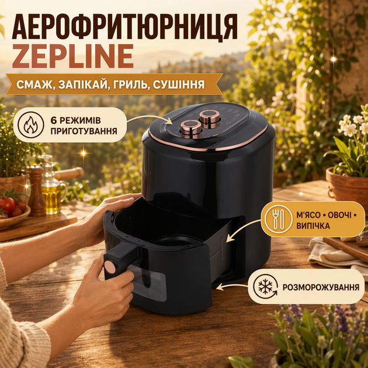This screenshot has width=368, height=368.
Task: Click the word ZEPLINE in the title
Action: coord(73,56)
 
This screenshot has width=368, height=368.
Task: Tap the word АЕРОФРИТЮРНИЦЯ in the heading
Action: coord(125,26)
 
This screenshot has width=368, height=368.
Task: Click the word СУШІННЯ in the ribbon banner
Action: coord(179,85)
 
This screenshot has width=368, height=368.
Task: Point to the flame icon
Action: coord(31,124)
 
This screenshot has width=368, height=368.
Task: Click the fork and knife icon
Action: coord(279,219)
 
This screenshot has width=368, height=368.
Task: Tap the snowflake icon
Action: coord(265,287)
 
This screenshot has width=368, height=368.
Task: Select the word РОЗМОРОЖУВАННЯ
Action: coord(321,287)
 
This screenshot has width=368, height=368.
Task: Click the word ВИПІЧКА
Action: coord(313,226)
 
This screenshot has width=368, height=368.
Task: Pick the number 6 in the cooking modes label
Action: coord(54,120)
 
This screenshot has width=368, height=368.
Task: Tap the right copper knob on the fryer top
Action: coord(209,119)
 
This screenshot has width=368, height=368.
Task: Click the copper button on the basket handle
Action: coord(110,267)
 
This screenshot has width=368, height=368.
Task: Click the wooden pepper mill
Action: coord(37,190)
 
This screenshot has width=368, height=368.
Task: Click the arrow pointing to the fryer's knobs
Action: coord(151,118)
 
